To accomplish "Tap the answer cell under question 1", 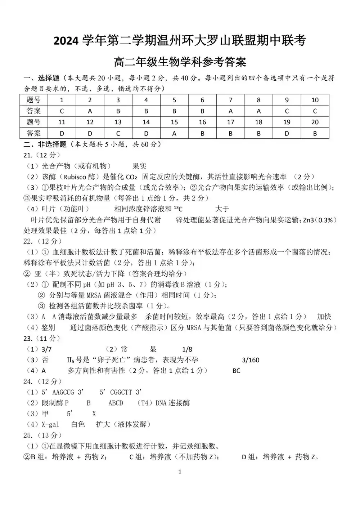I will pos(62,111).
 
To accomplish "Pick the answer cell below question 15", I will pos(174,134).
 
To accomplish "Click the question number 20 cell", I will pos(315,122).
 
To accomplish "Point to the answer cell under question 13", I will pos(118,134).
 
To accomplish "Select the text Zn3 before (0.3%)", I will pos(308,220).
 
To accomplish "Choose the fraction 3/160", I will pos(251,360).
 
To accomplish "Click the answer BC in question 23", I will pos(236,371).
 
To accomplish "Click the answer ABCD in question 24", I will pos(116,403).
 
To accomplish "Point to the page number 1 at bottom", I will pos(180,472).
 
